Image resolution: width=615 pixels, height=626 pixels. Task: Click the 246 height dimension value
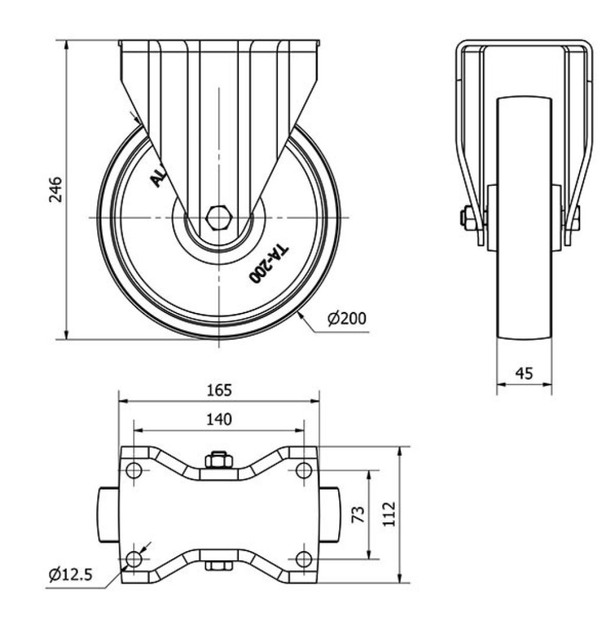coord(56,190)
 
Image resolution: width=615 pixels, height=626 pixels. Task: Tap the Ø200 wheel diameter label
coord(346,318)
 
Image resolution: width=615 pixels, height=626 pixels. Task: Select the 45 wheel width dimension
coord(524,373)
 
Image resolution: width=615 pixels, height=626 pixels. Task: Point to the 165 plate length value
coord(220,390)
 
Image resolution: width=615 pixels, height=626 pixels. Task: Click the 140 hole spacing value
coord(219,419)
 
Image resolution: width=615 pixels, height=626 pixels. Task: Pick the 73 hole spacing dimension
coord(359,514)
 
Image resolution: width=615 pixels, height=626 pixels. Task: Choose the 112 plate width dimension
coord(389,514)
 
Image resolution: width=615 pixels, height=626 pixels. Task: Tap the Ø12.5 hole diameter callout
coord(71,575)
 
